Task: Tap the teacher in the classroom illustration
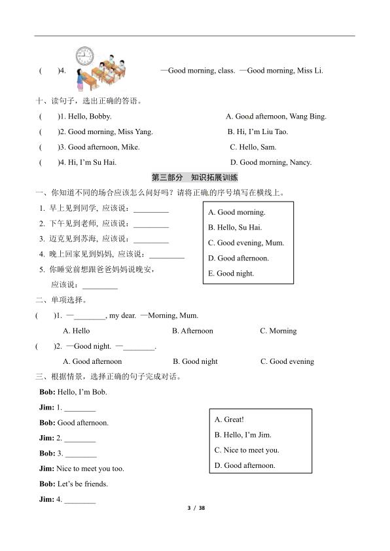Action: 79,79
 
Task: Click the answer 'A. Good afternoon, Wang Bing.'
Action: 275,116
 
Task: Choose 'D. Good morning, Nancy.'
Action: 271,162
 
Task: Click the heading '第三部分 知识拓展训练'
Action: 194,177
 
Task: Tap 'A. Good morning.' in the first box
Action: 236,213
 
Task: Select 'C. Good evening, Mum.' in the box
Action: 245,243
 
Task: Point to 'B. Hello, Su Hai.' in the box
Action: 234,228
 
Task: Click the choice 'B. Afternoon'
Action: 192,331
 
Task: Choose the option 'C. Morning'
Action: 278,331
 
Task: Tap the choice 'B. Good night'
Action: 195,361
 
